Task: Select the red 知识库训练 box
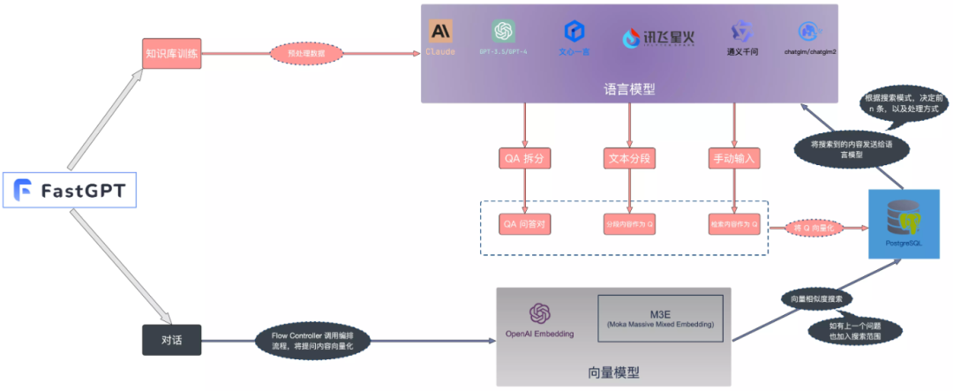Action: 172,53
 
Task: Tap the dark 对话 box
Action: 172,340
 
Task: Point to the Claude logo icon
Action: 439,32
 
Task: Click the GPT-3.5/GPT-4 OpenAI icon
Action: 504,32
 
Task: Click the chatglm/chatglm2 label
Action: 809,52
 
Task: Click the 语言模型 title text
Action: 629,89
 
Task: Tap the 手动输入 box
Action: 734,159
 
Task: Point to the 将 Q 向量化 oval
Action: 813,228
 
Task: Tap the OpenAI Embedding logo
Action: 539,314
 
